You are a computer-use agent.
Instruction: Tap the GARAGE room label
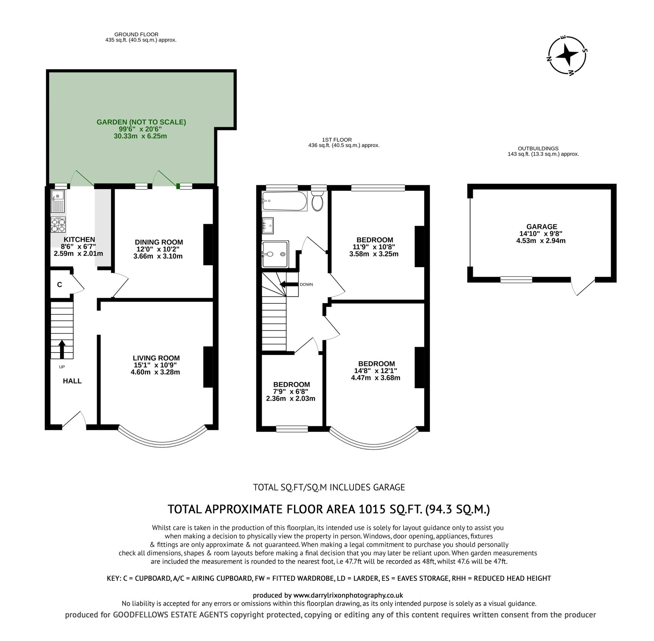541,226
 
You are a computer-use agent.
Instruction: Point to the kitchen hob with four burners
58,224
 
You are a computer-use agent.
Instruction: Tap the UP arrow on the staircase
62,349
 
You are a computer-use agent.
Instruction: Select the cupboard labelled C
60,285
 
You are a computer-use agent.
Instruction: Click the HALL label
72,381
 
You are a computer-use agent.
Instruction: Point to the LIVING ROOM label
156,358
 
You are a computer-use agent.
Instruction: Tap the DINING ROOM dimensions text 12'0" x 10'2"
158,249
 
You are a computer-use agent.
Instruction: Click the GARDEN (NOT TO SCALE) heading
141,122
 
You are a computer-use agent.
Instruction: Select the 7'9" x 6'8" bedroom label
291,391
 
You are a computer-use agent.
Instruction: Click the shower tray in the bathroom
275,254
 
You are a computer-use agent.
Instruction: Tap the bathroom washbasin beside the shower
268,225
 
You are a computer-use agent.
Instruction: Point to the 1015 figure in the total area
372,509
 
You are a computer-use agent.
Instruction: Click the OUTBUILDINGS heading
538,148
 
